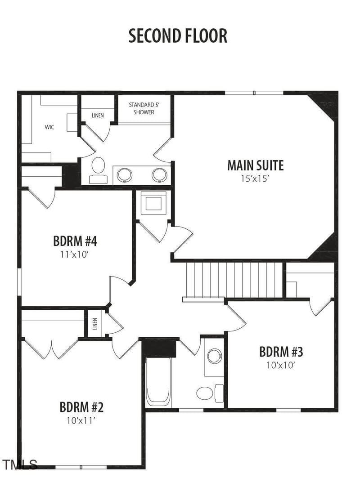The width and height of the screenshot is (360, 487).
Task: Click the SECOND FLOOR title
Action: pyautogui.click(x=178, y=36)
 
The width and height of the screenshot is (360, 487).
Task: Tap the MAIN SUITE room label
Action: pyautogui.click(x=255, y=165)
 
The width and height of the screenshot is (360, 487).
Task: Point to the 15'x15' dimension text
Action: pyautogui.click(x=255, y=178)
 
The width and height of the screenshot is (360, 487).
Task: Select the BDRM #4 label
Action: pyautogui.click(x=75, y=241)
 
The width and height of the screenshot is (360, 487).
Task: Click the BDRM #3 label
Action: pyautogui.click(x=281, y=352)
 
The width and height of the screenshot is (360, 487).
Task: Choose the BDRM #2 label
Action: pyautogui.click(x=81, y=407)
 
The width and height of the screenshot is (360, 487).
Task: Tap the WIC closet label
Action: pyautogui.click(x=49, y=127)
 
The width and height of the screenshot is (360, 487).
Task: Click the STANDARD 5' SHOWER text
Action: pyautogui.click(x=144, y=108)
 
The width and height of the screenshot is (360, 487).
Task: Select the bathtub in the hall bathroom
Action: pyautogui.click(x=158, y=380)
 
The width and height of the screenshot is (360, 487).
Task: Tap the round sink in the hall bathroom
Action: pyautogui.click(x=215, y=356)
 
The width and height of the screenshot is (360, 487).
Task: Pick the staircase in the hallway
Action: pyautogui.click(x=234, y=280)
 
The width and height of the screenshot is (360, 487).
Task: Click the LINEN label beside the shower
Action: pyautogui.click(x=98, y=116)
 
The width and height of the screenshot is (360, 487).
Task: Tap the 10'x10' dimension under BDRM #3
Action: pyautogui.click(x=281, y=365)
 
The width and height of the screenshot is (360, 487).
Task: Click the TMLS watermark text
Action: pyautogui.click(x=20, y=465)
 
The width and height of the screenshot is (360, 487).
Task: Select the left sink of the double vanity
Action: pyautogui.click(x=124, y=174)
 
